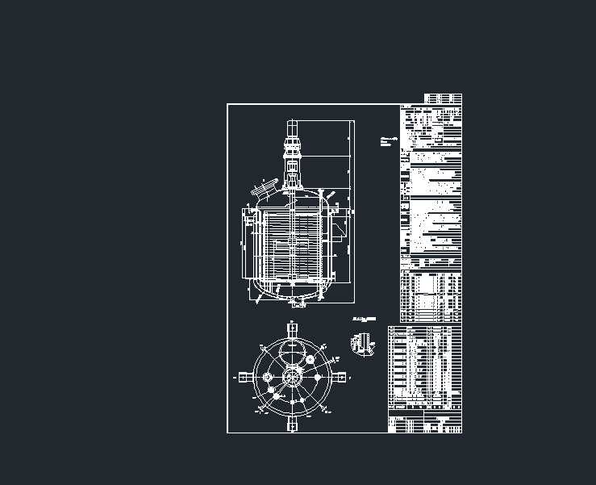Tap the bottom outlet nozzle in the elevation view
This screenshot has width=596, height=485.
coord(296,303)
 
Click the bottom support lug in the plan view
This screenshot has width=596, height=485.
coord(291,424)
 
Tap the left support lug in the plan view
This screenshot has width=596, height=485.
coord(243,376)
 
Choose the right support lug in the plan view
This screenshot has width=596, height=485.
coord(341,376)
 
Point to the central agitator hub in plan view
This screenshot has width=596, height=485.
coord(291,376)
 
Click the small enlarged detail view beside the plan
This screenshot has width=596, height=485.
coord(362,342)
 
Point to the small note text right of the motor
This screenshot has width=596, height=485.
coord(389,140)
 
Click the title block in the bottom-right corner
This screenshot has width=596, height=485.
coord(425,422)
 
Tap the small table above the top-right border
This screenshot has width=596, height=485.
coord(443,98)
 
